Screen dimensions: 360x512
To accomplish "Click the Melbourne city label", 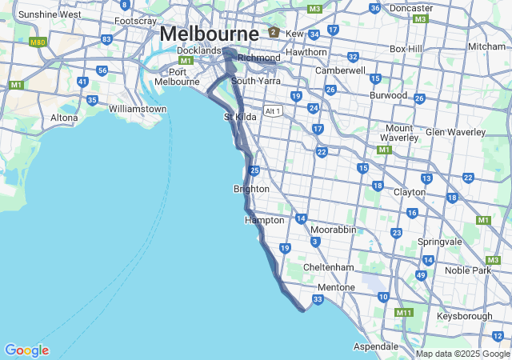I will [x=209, y=34].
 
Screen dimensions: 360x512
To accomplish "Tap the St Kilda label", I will [x=239, y=117].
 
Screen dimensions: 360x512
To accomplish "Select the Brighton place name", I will [x=250, y=189].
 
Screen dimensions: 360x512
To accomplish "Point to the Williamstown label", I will [x=138, y=108].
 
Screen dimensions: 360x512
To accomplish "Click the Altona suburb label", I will [x=65, y=118].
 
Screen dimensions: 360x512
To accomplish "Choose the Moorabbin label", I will [x=333, y=230].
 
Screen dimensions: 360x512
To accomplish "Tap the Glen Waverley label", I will [x=456, y=132].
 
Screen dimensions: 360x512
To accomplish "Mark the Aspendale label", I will [x=378, y=346].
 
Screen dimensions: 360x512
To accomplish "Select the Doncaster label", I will [x=411, y=7].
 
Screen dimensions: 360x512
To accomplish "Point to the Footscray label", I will [x=135, y=21].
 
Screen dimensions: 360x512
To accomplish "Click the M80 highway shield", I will [x=38, y=42].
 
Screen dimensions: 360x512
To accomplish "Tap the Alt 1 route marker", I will [x=274, y=111].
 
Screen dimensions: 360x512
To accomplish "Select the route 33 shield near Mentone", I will [x=318, y=299].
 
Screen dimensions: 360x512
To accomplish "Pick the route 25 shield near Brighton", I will [x=254, y=170].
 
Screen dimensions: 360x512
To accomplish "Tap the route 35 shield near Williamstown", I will [x=93, y=100].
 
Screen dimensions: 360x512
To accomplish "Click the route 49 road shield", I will [x=421, y=275].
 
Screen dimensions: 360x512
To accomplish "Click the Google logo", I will [x=26, y=350].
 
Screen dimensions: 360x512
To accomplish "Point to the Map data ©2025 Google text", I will [x=462, y=354].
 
